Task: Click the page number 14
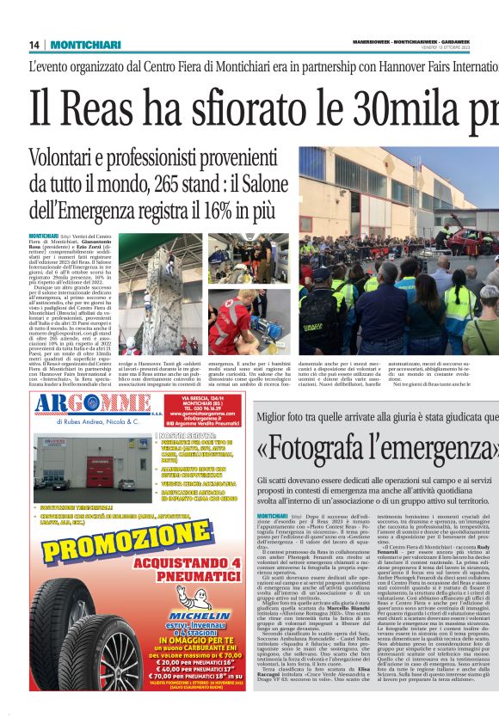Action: click(x=34, y=45)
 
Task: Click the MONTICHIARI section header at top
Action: click(x=84, y=45)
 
